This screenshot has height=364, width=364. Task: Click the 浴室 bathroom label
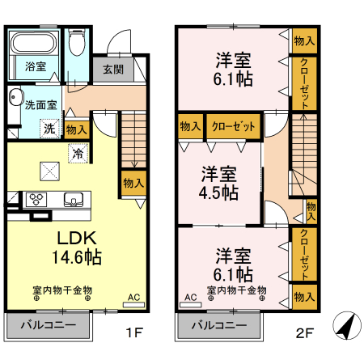point(35,66)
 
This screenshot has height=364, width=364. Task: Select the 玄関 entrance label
point(112,69)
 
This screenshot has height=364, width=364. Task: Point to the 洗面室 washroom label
point(40,104)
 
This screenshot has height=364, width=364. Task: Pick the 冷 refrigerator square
point(78,151)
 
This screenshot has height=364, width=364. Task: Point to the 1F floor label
point(133,332)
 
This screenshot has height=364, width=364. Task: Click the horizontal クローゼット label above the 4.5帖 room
point(233,127)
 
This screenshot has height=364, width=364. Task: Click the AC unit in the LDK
point(133,301)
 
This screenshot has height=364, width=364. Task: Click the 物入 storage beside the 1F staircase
point(133,182)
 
